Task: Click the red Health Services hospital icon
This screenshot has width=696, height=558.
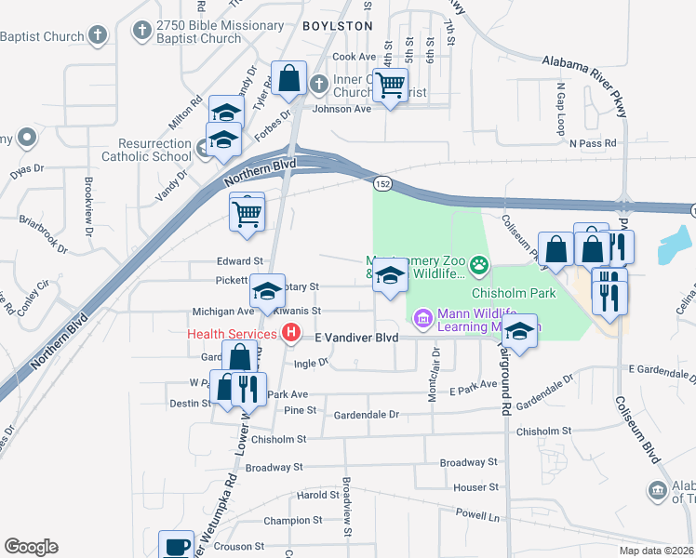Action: point(292,332)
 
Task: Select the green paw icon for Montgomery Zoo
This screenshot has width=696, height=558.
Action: point(479,266)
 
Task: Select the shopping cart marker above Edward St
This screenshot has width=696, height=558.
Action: point(248,214)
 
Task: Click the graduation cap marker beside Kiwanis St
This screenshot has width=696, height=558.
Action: point(267,292)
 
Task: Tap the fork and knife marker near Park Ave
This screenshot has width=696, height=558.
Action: point(248,389)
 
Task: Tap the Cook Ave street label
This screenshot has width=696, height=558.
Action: point(354,57)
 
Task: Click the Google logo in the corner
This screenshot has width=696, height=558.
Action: point(31,547)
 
